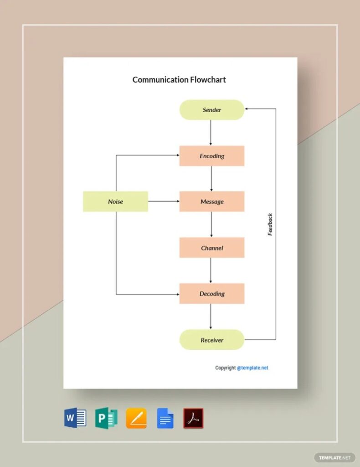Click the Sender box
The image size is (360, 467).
(x=212, y=110)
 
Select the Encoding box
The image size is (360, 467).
(x=212, y=156)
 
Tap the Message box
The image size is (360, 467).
(x=212, y=202)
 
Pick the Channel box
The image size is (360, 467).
(x=212, y=248)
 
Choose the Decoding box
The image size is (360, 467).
(x=212, y=294)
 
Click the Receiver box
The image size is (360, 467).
(x=212, y=340)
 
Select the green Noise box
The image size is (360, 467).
(x=115, y=202)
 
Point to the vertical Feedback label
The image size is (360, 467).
(x=270, y=224)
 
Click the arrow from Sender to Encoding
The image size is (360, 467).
(x=211, y=133)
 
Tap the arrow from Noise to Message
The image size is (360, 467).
(x=164, y=201)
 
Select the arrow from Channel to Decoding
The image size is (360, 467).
(x=211, y=270)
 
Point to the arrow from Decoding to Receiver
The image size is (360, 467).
(x=211, y=317)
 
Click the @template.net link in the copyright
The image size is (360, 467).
(x=252, y=368)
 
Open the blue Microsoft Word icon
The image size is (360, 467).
(x=75, y=418)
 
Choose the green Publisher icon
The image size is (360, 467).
(x=106, y=418)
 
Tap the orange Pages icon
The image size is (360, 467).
(x=136, y=418)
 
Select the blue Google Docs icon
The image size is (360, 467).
(x=165, y=418)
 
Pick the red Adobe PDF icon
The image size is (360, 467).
(x=193, y=418)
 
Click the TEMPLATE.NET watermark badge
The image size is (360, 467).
(x=334, y=457)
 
